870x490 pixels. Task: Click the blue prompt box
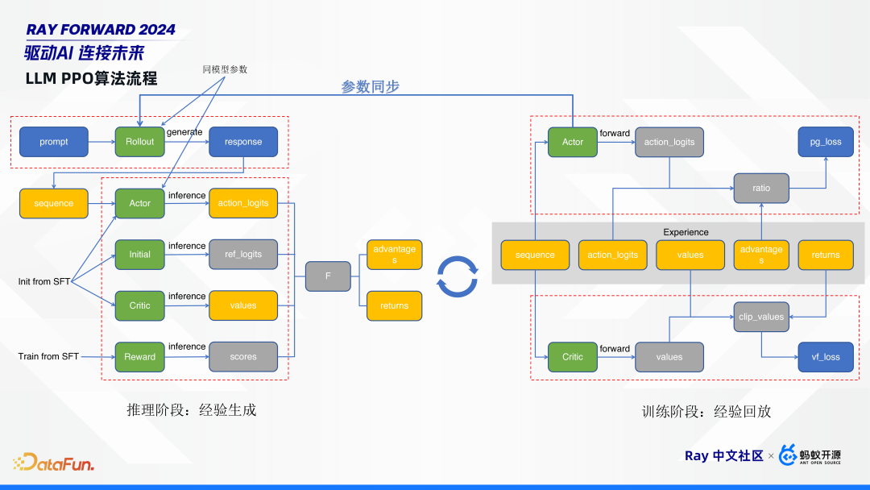pyautogui.click(x=54, y=142)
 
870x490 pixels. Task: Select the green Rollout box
pyautogui.click(x=140, y=142)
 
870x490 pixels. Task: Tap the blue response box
pyautogui.click(x=243, y=142)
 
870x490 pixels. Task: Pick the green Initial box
pyautogui.click(x=140, y=255)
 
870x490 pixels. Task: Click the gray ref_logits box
pyautogui.click(x=243, y=255)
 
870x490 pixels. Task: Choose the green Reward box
pyautogui.click(x=140, y=357)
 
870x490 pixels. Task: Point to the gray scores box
pyautogui.click(x=243, y=357)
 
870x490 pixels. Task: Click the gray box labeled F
pyautogui.click(x=328, y=276)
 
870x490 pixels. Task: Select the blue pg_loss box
pyautogui.click(x=826, y=142)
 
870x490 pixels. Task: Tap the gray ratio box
pyautogui.click(x=761, y=188)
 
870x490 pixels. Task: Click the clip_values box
pyautogui.click(x=761, y=317)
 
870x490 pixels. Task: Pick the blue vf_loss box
pyautogui.click(x=826, y=357)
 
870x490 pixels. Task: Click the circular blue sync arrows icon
pyautogui.click(x=457, y=276)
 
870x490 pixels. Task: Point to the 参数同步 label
pyautogui.click(x=370, y=86)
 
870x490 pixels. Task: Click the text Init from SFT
pyautogui.click(x=45, y=282)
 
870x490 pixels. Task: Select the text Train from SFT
pyautogui.click(x=48, y=356)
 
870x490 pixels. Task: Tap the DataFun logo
pyautogui.click(x=54, y=463)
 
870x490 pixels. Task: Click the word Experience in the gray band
pyautogui.click(x=686, y=232)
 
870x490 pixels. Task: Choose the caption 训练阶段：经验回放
pyautogui.click(x=706, y=411)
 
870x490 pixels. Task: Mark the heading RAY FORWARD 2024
pyautogui.click(x=101, y=30)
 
